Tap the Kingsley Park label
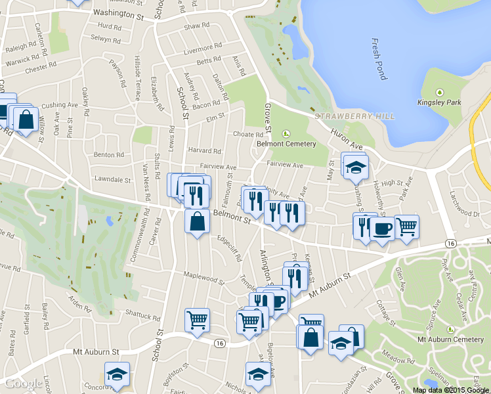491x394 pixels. (438, 102)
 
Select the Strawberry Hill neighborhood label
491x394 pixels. (354, 116)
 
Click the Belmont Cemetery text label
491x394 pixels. (286, 144)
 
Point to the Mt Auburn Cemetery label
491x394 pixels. (450, 339)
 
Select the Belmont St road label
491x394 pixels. (232, 217)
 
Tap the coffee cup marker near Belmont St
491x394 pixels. (382, 229)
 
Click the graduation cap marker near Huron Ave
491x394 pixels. (356, 167)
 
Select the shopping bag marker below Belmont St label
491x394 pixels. (197, 221)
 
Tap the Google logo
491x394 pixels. (24, 383)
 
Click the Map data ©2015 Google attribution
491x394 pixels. (450, 390)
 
